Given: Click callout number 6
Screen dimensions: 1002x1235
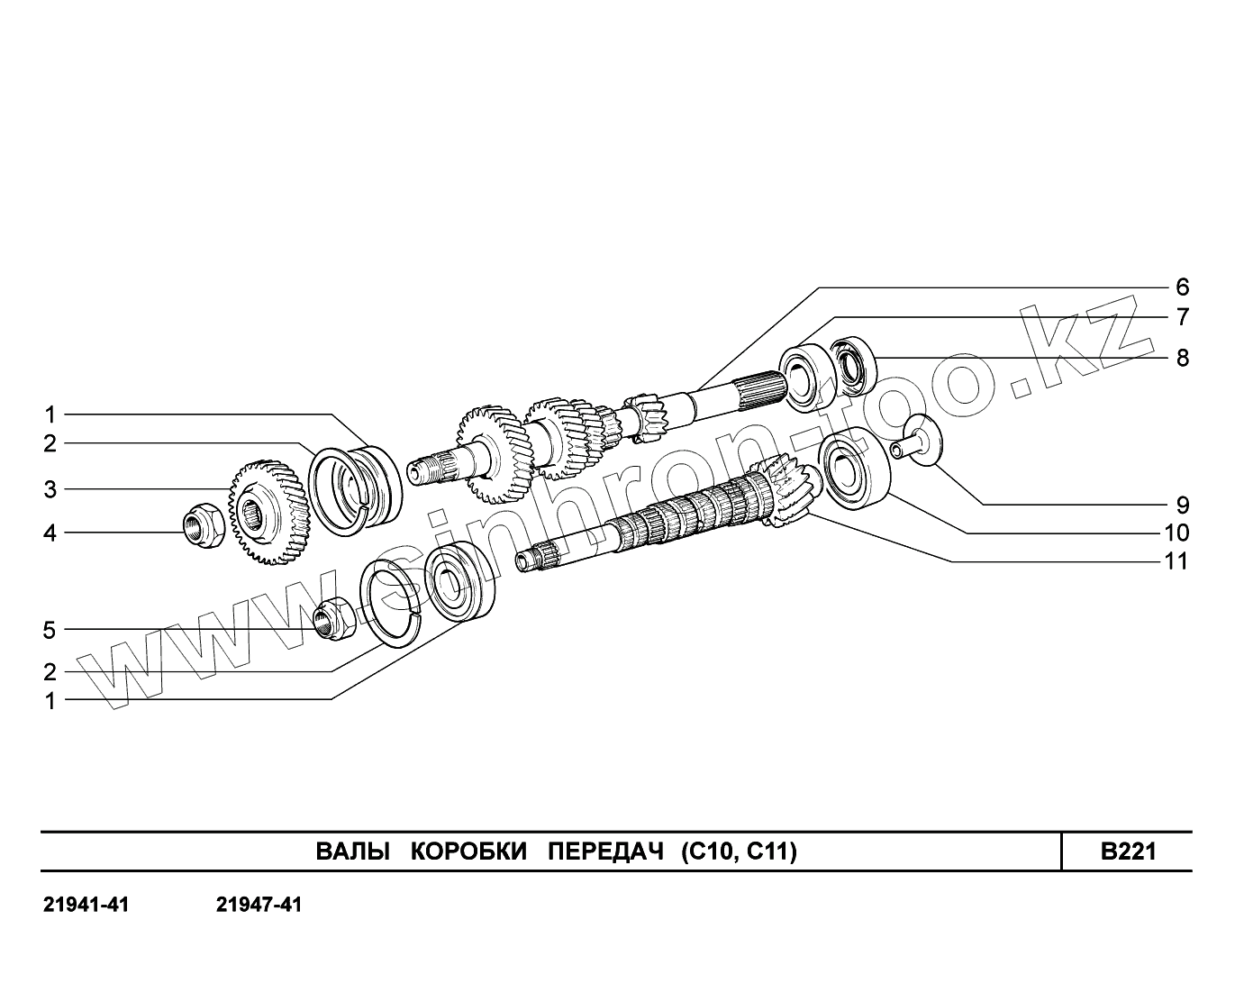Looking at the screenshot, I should (1182, 287).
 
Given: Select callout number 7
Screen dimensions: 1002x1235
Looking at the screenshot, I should (1182, 317).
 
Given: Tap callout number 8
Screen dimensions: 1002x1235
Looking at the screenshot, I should (1182, 358).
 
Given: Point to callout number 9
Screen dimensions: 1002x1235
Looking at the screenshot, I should (1182, 505).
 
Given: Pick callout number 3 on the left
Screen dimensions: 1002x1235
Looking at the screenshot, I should (50, 489).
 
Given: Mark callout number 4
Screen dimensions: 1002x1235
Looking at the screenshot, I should (50, 533).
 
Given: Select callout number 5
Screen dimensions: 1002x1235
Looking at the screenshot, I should (50, 630).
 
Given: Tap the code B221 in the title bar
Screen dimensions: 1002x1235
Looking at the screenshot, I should (1128, 852).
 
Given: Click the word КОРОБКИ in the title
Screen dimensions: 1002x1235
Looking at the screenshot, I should (468, 852).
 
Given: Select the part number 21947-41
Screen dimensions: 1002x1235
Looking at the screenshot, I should (259, 904).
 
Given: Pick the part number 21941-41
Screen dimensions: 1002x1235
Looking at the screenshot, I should (86, 904).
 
